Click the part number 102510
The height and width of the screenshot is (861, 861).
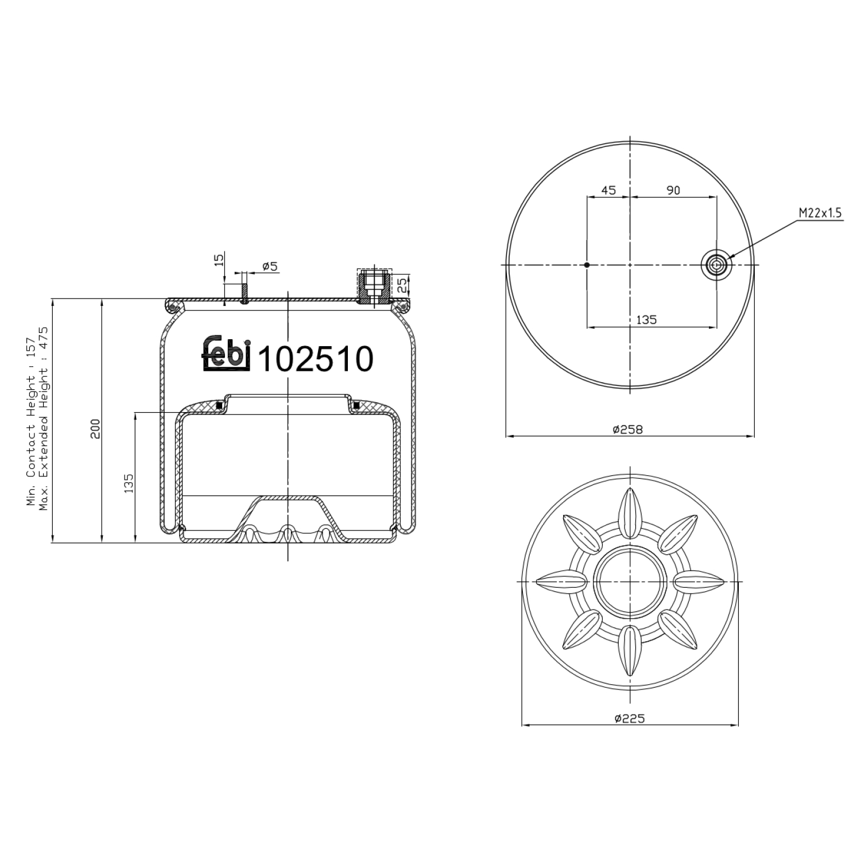(316, 360)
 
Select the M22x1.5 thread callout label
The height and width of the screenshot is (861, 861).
(820, 214)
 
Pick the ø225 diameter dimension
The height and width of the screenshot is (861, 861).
(629, 718)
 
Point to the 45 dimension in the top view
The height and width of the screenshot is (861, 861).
(608, 190)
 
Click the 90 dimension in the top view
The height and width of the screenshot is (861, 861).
(673, 190)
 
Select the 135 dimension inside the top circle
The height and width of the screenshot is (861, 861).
(646, 320)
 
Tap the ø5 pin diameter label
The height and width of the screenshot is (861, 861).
(270, 266)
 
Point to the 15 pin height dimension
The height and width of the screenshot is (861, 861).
(219, 259)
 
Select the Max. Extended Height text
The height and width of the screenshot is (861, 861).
(44, 418)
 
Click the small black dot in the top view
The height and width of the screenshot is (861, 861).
(587, 265)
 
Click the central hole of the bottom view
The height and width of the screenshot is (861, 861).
(630, 581)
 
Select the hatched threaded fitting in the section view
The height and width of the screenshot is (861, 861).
(373, 286)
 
